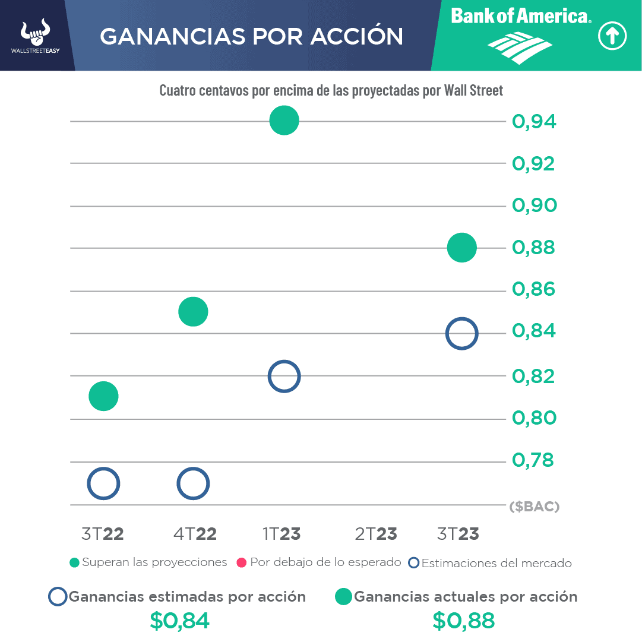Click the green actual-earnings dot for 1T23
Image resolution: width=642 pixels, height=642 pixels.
284,121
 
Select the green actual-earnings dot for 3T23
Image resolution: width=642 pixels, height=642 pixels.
461,248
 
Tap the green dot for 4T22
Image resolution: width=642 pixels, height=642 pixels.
193,312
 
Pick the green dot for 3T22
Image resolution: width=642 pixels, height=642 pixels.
103,396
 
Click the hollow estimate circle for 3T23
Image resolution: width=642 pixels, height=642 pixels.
461,334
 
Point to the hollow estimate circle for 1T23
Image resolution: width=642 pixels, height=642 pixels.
284,377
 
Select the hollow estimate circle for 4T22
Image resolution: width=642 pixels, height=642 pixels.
193,484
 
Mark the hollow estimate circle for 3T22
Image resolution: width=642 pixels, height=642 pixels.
103,484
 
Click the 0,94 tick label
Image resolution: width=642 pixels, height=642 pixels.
534,122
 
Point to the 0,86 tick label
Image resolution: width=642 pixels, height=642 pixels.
534,290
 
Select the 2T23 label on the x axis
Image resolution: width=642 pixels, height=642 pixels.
376,534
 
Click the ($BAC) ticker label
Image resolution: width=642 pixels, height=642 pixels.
535,507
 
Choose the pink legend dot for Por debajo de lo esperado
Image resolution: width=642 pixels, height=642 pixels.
241,562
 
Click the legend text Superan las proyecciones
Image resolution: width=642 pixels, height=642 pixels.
154,562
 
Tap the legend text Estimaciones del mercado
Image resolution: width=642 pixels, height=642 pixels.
496,563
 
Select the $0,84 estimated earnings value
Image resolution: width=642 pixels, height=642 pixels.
179,621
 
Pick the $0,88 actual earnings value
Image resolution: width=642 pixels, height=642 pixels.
463,621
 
